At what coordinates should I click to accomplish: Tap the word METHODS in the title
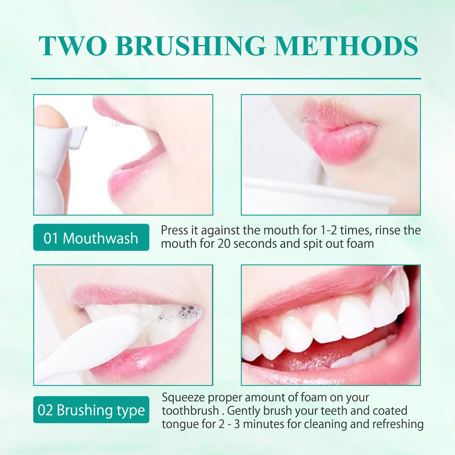pyautogui.click(x=346, y=46)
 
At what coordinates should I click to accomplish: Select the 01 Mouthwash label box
pyautogui.click(x=91, y=237)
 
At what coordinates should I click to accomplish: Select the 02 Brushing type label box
pyautogui.click(x=91, y=410)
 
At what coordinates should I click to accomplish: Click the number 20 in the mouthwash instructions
pyautogui.click(x=224, y=244)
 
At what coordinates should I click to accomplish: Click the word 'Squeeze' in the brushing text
pyautogui.click(x=183, y=398)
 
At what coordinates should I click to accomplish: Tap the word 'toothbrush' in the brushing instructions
pyautogui.click(x=190, y=411)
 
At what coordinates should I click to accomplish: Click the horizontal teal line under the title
pyautogui.click(x=226, y=78)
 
